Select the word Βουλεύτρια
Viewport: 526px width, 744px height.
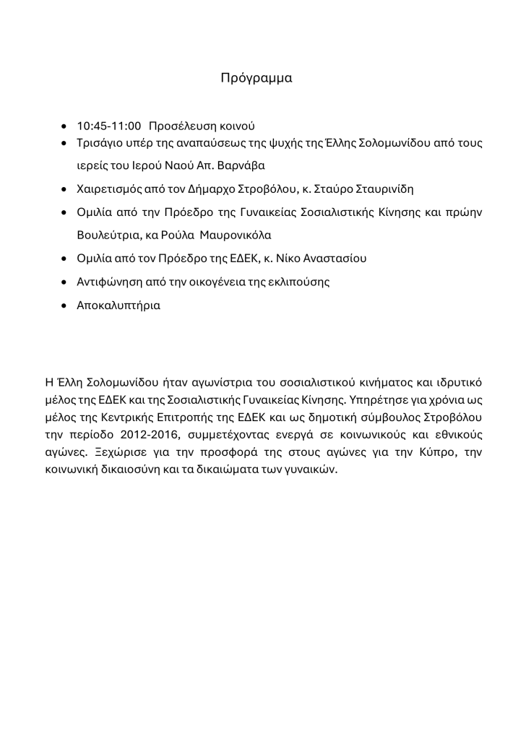pos(105,235)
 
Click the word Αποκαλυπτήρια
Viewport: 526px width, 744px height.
pos(118,305)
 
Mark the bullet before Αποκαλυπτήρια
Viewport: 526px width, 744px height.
pos(66,306)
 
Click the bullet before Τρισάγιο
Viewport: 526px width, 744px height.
pos(66,144)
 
